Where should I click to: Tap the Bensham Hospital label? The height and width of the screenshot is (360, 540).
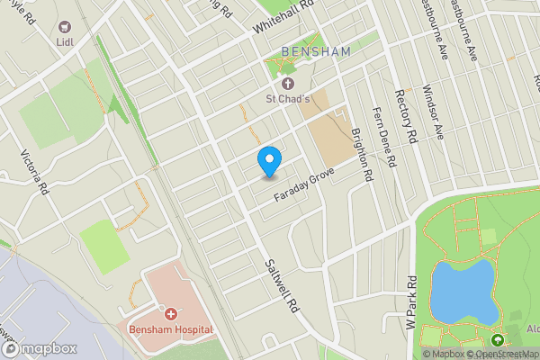coord(171,328)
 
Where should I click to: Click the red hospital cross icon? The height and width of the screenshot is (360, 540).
coord(170,313)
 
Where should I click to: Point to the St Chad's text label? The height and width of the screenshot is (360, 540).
coord(287,98)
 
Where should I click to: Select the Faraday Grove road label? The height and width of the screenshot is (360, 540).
coord(306,187)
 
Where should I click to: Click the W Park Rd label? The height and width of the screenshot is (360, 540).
coord(412,303)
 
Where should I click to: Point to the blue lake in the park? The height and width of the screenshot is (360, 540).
coord(463,292)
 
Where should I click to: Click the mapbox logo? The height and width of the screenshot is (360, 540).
coord(37,348)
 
